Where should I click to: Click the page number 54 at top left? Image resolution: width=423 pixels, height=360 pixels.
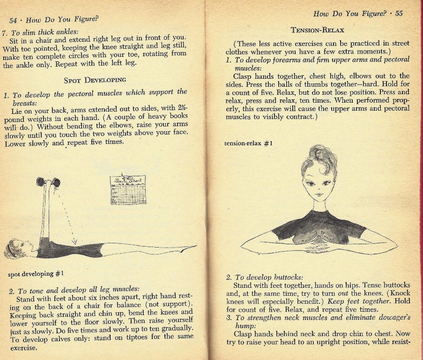click(13, 21)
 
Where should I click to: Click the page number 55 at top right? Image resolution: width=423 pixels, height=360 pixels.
click(399, 13)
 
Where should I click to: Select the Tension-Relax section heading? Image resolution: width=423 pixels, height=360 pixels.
click(318, 30)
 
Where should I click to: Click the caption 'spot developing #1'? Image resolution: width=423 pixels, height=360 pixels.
click(36, 273)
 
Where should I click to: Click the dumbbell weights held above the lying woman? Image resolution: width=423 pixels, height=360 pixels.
click(48, 182)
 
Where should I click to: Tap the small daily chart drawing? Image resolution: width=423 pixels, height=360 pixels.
click(127, 189)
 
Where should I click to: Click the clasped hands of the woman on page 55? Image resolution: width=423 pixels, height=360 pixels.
click(319, 242)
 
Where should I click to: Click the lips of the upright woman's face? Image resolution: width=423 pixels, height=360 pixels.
click(319, 194)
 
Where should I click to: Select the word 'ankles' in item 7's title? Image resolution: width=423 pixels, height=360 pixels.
click(67, 32)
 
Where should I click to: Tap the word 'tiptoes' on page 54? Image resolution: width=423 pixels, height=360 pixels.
click(140, 337)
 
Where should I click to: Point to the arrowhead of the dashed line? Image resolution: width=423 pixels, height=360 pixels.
click(74, 242)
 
